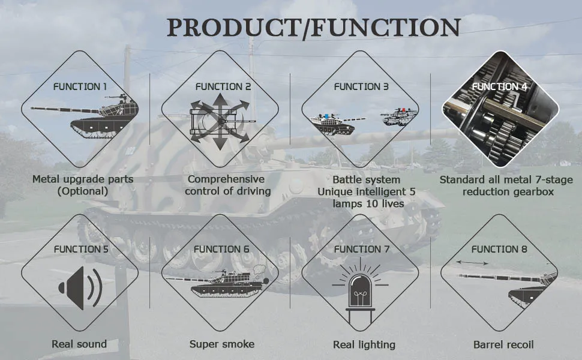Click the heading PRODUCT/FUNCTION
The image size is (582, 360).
(313, 28)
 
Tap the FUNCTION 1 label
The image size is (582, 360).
(80, 86)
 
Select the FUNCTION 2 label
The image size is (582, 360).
(223, 86)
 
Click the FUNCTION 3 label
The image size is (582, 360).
(361, 86)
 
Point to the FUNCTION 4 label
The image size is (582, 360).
(499, 86)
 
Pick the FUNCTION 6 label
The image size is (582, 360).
(221, 248)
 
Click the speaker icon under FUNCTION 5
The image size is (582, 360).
(80, 289)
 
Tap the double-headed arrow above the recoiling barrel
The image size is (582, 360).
(471, 263)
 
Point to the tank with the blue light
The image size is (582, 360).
(332, 122)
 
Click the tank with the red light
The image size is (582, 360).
(398, 116)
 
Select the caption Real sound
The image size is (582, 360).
(79, 344)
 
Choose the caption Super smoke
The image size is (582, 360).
(221, 344)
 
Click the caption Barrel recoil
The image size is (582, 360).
(503, 344)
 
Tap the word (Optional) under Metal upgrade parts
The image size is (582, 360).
(83, 191)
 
